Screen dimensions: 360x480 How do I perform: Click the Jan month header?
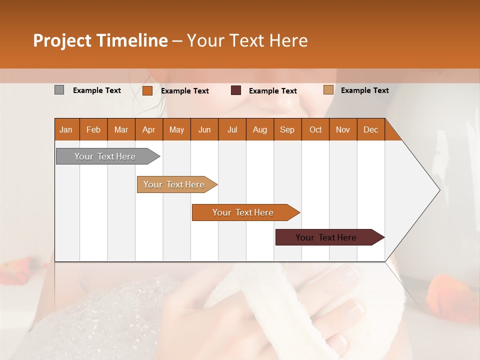pyautogui.click(x=66, y=129)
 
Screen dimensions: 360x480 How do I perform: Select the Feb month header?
pyautogui.click(x=93, y=129)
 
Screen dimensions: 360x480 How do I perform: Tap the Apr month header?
pyautogui.click(x=148, y=129)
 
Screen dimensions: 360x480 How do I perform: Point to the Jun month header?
pyautogui.click(x=204, y=129)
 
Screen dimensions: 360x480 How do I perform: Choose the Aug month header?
pyautogui.click(x=259, y=129)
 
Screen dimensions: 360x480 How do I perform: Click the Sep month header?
pyautogui.click(x=287, y=129)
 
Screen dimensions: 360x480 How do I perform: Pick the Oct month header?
pyautogui.click(x=315, y=129)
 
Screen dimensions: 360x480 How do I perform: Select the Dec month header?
pyautogui.click(x=370, y=129)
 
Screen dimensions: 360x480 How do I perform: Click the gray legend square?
pyautogui.click(x=59, y=90)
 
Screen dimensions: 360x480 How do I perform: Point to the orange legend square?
pyautogui.click(x=147, y=90)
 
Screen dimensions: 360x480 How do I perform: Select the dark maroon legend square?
pyautogui.click(x=236, y=90)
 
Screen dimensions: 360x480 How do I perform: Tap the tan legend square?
pyautogui.click(x=328, y=90)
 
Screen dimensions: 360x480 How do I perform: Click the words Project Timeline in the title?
pyautogui.click(x=100, y=40)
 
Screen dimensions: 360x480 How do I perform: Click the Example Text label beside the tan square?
pyautogui.click(x=364, y=90)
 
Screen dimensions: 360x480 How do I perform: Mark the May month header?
pyautogui.click(x=176, y=129)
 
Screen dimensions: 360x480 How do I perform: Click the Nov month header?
pyautogui.click(x=343, y=129)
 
